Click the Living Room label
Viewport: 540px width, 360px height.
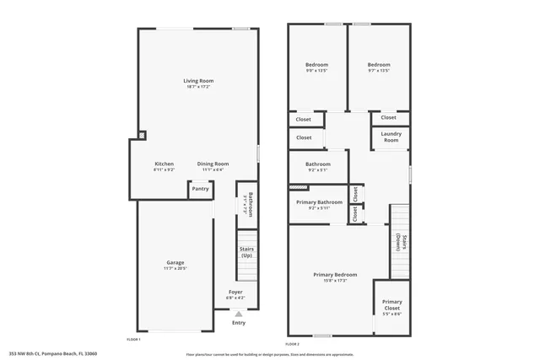pyautogui.click(x=198, y=81)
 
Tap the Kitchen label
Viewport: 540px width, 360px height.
pyautogui.click(x=164, y=164)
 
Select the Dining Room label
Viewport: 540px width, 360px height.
pyautogui.click(x=213, y=164)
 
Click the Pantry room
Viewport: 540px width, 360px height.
pyautogui.click(x=200, y=189)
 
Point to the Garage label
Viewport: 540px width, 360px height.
pyautogui.click(x=175, y=262)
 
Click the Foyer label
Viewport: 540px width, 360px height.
pyautogui.click(x=235, y=292)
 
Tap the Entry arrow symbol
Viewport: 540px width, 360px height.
pyautogui.click(x=239, y=314)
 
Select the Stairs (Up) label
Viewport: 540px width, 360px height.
pyautogui.click(x=247, y=251)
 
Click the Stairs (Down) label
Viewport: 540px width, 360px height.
pyautogui.click(x=403, y=242)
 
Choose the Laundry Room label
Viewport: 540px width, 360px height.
pyautogui.click(x=391, y=137)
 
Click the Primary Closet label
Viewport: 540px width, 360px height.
pyautogui.click(x=391, y=304)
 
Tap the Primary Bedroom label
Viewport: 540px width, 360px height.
pyautogui.click(x=335, y=275)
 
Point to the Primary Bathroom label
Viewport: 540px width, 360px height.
pyautogui.click(x=319, y=202)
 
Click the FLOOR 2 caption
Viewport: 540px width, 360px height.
pyautogui.click(x=292, y=344)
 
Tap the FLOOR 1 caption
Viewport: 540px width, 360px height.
pyautogui.click(x=133, y=338)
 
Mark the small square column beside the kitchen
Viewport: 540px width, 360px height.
pyautogui.click(x=141, y=133)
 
